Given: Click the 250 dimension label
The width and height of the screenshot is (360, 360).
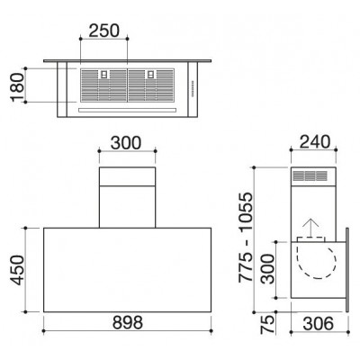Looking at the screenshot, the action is coord(104,31).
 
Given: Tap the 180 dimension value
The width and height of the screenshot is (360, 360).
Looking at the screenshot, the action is coord(17,87).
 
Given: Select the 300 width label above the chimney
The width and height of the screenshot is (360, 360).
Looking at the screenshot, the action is coord(126,143).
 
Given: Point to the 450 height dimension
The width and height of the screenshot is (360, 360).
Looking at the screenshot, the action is coord(17,270).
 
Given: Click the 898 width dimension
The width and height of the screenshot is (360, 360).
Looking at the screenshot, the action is coord(128,323).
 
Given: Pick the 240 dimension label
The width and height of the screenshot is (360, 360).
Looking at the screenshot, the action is coord(315,142).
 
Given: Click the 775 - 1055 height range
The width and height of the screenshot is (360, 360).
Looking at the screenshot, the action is coord(246,238).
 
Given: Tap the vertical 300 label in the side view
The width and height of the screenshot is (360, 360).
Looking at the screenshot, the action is coord(267,269).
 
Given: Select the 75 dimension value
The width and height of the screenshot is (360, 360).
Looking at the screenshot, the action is coord(267,325).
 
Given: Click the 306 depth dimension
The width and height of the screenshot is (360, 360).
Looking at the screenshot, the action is coord(319,323).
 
